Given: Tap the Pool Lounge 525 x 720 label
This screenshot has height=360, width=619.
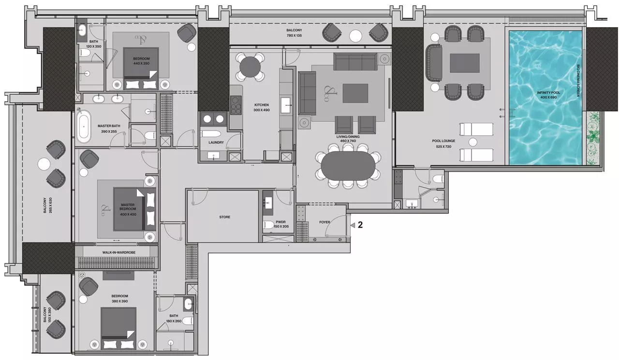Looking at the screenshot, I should tap(441, 144).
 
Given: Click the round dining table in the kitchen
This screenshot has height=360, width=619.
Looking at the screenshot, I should tap(250, 66).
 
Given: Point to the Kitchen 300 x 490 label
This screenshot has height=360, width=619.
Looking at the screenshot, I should tap(261, 107).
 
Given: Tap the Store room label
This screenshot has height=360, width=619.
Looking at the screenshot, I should tap(224, 217).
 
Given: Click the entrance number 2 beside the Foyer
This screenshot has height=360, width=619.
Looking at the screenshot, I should tap(360, 225).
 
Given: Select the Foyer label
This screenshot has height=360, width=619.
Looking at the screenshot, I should tap(324, 223).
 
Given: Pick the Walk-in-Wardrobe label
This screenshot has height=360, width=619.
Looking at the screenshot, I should tap(117, 252).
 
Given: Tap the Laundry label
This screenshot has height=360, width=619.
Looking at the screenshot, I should tap(216, 143).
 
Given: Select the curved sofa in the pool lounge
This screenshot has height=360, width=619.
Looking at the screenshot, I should tap(431, 62).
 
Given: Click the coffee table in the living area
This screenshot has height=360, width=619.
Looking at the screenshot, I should tap(355, 93).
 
